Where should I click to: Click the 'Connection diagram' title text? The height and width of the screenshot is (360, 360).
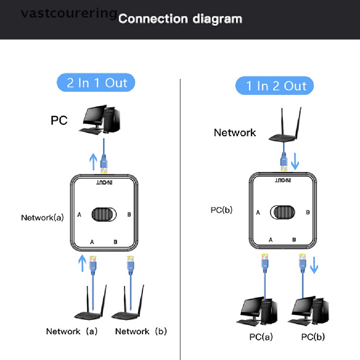(180, 19)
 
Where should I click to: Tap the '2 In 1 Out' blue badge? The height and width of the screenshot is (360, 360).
(96, 83)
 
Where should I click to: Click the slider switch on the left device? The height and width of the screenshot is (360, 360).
(103, 214)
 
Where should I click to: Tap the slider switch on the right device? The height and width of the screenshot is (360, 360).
(283, 212)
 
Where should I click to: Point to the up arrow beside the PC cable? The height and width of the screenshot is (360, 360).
(93, 162)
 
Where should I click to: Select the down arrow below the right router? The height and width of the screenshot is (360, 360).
(296, 162)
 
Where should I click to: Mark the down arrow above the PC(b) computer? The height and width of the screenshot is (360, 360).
(314, 266)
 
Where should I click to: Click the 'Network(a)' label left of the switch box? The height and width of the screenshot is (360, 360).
(42, 218)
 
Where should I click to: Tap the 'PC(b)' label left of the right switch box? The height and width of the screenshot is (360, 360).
(221, 210)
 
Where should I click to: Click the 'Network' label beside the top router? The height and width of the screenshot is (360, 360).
(235, 133)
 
